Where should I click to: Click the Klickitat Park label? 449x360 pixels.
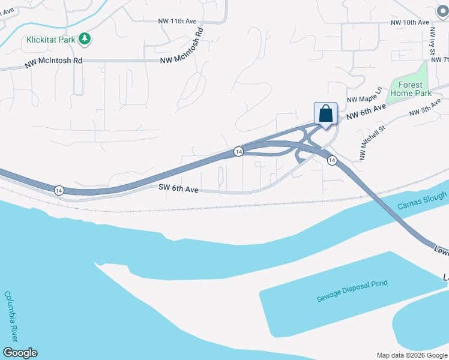[50, 40]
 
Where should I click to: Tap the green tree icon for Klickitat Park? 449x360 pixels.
[85, 40]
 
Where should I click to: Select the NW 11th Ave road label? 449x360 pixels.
[178, 21]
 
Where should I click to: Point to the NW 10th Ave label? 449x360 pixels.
[410, 22]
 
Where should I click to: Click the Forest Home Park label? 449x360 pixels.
[411, 89]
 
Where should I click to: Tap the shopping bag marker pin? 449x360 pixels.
[325, 113]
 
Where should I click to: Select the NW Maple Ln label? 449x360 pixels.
[364, 95]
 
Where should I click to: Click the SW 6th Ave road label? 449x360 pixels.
[178, 188]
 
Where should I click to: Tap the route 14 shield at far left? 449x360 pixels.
[58, 190]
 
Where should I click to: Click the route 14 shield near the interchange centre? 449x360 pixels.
[238, 152]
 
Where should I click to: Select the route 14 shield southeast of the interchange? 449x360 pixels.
[331, 161]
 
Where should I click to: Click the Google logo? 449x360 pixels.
[20, 353]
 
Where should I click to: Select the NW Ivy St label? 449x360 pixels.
[432, 44]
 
